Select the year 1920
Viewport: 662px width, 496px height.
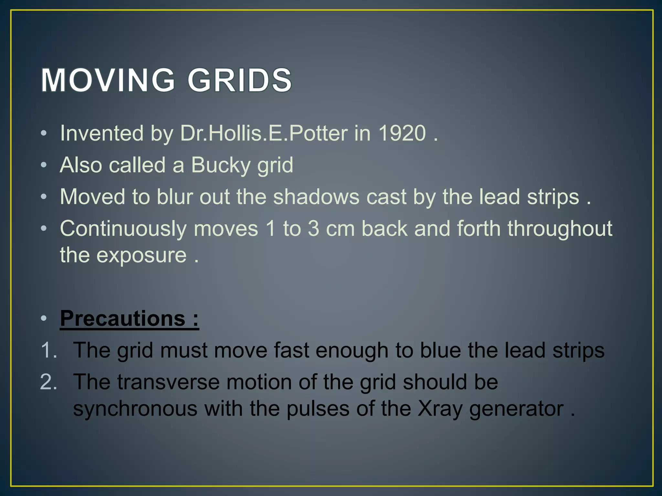tap(402, 133)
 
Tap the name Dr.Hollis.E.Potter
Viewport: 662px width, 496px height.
tap(264, 133)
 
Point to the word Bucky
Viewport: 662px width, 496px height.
tap(220, 165)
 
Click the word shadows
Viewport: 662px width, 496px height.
tap(316, 197)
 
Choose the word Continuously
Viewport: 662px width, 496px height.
tap(123, 229)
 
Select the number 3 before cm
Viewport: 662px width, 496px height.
tap(313, 229)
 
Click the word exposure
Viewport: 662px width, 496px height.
tap(142, 255)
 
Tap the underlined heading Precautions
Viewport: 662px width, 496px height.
tap(123, 319)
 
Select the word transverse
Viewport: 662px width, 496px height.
tap(168, 382)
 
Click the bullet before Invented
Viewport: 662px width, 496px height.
tap(44, 134)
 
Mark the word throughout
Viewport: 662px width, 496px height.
tap(560, 229)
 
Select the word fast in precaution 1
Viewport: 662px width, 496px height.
tap(292, 350)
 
